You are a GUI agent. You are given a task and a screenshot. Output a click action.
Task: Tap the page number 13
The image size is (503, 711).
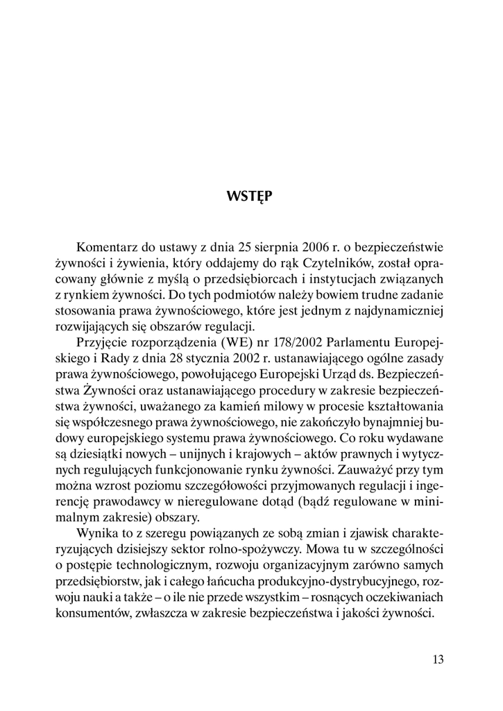point(437,659)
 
